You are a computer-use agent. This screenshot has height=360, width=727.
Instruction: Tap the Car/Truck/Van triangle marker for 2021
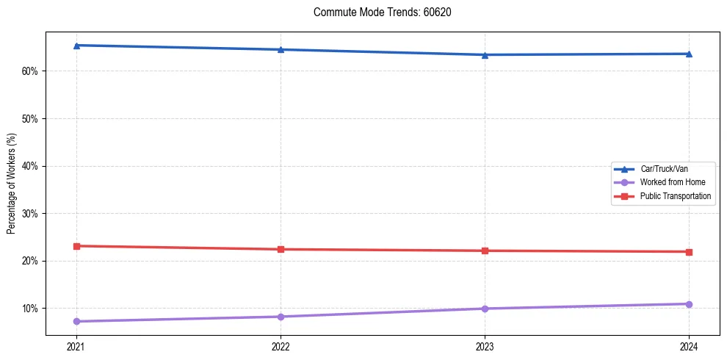76,46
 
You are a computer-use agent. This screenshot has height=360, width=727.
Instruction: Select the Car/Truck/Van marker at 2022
281,49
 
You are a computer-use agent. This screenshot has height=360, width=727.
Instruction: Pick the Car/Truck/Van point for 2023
485,55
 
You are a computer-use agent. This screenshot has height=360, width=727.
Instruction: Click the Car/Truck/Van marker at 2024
689,54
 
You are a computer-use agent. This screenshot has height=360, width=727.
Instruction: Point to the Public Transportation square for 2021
76,246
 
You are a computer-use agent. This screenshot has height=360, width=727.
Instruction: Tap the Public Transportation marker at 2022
281,249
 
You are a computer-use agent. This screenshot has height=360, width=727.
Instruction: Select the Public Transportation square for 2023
485,251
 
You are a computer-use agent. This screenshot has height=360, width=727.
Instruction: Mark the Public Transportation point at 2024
689,252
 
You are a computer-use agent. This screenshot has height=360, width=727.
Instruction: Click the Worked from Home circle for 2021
76,321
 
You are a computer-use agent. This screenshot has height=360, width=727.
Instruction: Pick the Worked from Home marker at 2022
281,317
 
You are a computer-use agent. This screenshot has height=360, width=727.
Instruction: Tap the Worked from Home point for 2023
485,309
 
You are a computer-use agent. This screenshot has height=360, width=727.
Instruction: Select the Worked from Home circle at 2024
689,304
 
